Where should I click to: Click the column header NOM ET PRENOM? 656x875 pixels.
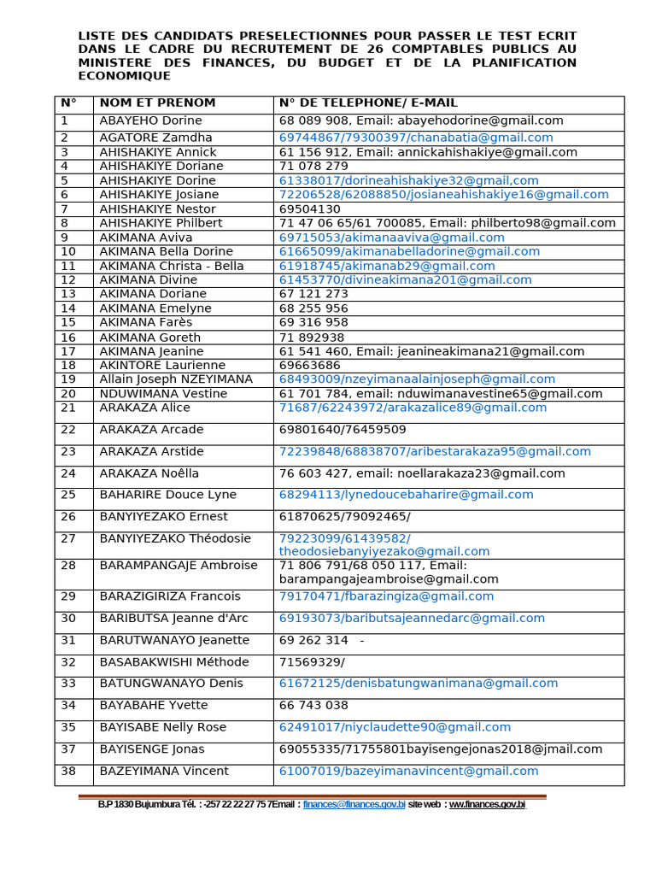[x=157, y=103]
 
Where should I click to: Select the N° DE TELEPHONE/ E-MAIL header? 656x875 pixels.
[x=368, y=103]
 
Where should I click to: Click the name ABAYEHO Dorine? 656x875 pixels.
[x=150, y=121]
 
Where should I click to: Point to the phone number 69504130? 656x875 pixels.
[x=309, y=209]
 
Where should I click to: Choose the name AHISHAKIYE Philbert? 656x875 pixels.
[x=161, y=223]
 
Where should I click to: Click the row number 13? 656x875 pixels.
[x=68, y=294]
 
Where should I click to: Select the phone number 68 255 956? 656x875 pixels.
[x=313, y=308]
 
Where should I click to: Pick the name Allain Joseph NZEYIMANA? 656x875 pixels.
[x=176, y=379]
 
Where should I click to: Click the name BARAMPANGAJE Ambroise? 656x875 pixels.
[x=179, y=566]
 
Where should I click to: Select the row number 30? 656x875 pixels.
[x=68, y=619]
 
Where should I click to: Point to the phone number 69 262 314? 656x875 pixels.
[x=313, y=641]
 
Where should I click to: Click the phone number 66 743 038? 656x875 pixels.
[x=313, y=706]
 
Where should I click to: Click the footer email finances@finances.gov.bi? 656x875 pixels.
[x=354, y=805]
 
